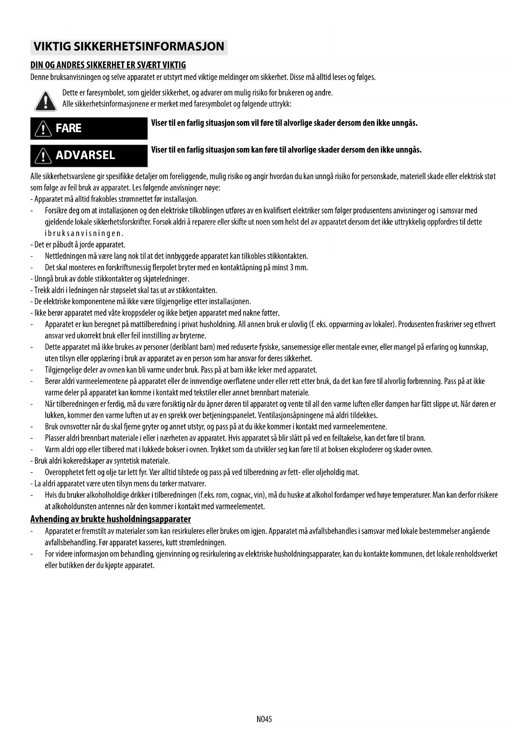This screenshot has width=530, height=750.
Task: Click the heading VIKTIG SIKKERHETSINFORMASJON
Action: pos(129,47)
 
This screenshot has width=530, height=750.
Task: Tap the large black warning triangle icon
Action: pos(45,101)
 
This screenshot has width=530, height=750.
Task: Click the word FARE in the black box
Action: pos(68,128)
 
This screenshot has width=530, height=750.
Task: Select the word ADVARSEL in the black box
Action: pos(85,155)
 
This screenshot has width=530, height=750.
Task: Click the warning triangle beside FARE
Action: pos(43,128)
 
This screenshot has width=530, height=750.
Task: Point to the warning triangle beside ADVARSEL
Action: pos(43,156)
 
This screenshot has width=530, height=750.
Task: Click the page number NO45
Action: pos(264,719)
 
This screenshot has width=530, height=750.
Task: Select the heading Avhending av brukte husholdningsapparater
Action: pos(111,519)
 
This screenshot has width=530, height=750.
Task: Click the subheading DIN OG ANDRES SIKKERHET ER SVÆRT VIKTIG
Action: pos(108,65)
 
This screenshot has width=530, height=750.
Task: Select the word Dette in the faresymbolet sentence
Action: pos(70,93)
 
